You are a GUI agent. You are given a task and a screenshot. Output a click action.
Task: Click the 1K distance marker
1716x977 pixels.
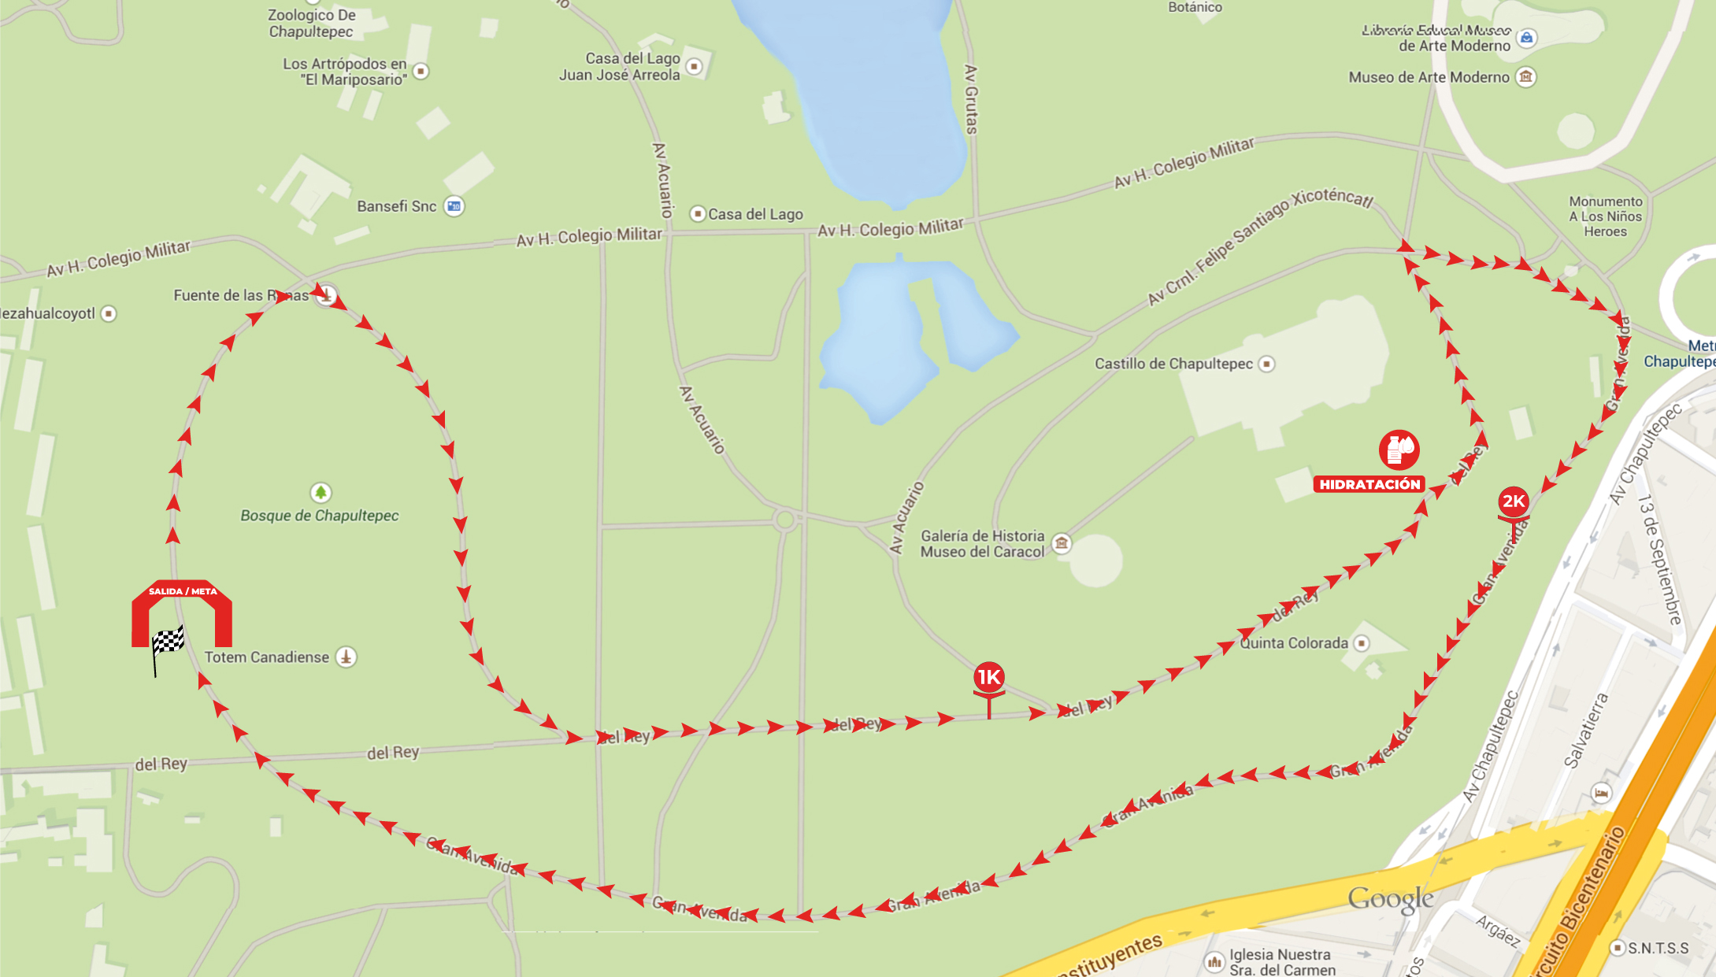pyautogui.click(x=988, y=677)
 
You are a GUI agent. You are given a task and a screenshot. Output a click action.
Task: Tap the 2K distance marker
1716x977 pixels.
pyautogui.click(x=1513, y=502)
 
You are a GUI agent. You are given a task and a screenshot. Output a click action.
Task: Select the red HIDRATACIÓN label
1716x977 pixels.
pyautogui.click(x=1369, y=485)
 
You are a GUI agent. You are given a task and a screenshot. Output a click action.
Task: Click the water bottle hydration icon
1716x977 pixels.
pyautogui.click(x=1399, y=449)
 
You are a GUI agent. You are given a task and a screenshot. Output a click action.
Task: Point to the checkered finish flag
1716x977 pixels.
pyautogui.click(x=167, y=642)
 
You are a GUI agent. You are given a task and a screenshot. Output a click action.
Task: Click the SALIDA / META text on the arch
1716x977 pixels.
pyautogui.click(x=183, y=591)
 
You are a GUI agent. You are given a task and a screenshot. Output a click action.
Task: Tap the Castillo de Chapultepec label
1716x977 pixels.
pyautogui.click(x=1173, y=364)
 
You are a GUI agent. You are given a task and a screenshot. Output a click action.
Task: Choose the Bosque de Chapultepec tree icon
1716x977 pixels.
pyautogui.click(x=320, y=493)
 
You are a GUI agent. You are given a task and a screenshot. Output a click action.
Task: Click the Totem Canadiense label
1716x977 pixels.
pyautogui.click(x=267, y=657)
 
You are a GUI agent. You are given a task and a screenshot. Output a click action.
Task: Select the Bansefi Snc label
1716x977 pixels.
pyautogui.click(x=396, y=206)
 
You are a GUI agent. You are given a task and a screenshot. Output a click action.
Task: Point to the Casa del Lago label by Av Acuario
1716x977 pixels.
pyautogui.click(x=755, y=214)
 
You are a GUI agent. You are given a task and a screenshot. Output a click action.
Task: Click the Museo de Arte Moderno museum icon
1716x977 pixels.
pyautogui.click(x=1526, y=77)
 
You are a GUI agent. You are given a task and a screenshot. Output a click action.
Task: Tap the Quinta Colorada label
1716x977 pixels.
pyautogui.click(x=1294, y=643)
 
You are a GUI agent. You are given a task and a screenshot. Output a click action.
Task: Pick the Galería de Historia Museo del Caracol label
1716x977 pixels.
pyautogui.click(x=982, y=544)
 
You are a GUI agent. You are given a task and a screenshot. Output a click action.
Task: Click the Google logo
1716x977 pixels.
pyautogui.click(x=1390, y=899)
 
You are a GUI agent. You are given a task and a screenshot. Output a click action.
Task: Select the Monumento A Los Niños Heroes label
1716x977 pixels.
pyautogui.click(x=1605, y=216)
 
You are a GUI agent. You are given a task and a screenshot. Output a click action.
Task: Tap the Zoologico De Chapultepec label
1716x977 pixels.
pyautogui.click(x=311, y=24)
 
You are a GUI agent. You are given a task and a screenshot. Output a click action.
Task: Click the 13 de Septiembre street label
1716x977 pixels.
pyautogui.click(x=1659, y=559)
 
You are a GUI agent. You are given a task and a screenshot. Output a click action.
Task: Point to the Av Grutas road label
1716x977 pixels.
pyautogui.click(x=971, y=99)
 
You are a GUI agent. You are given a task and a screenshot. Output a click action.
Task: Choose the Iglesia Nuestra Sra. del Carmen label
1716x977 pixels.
pyautogui.click(x=1282, y=962)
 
